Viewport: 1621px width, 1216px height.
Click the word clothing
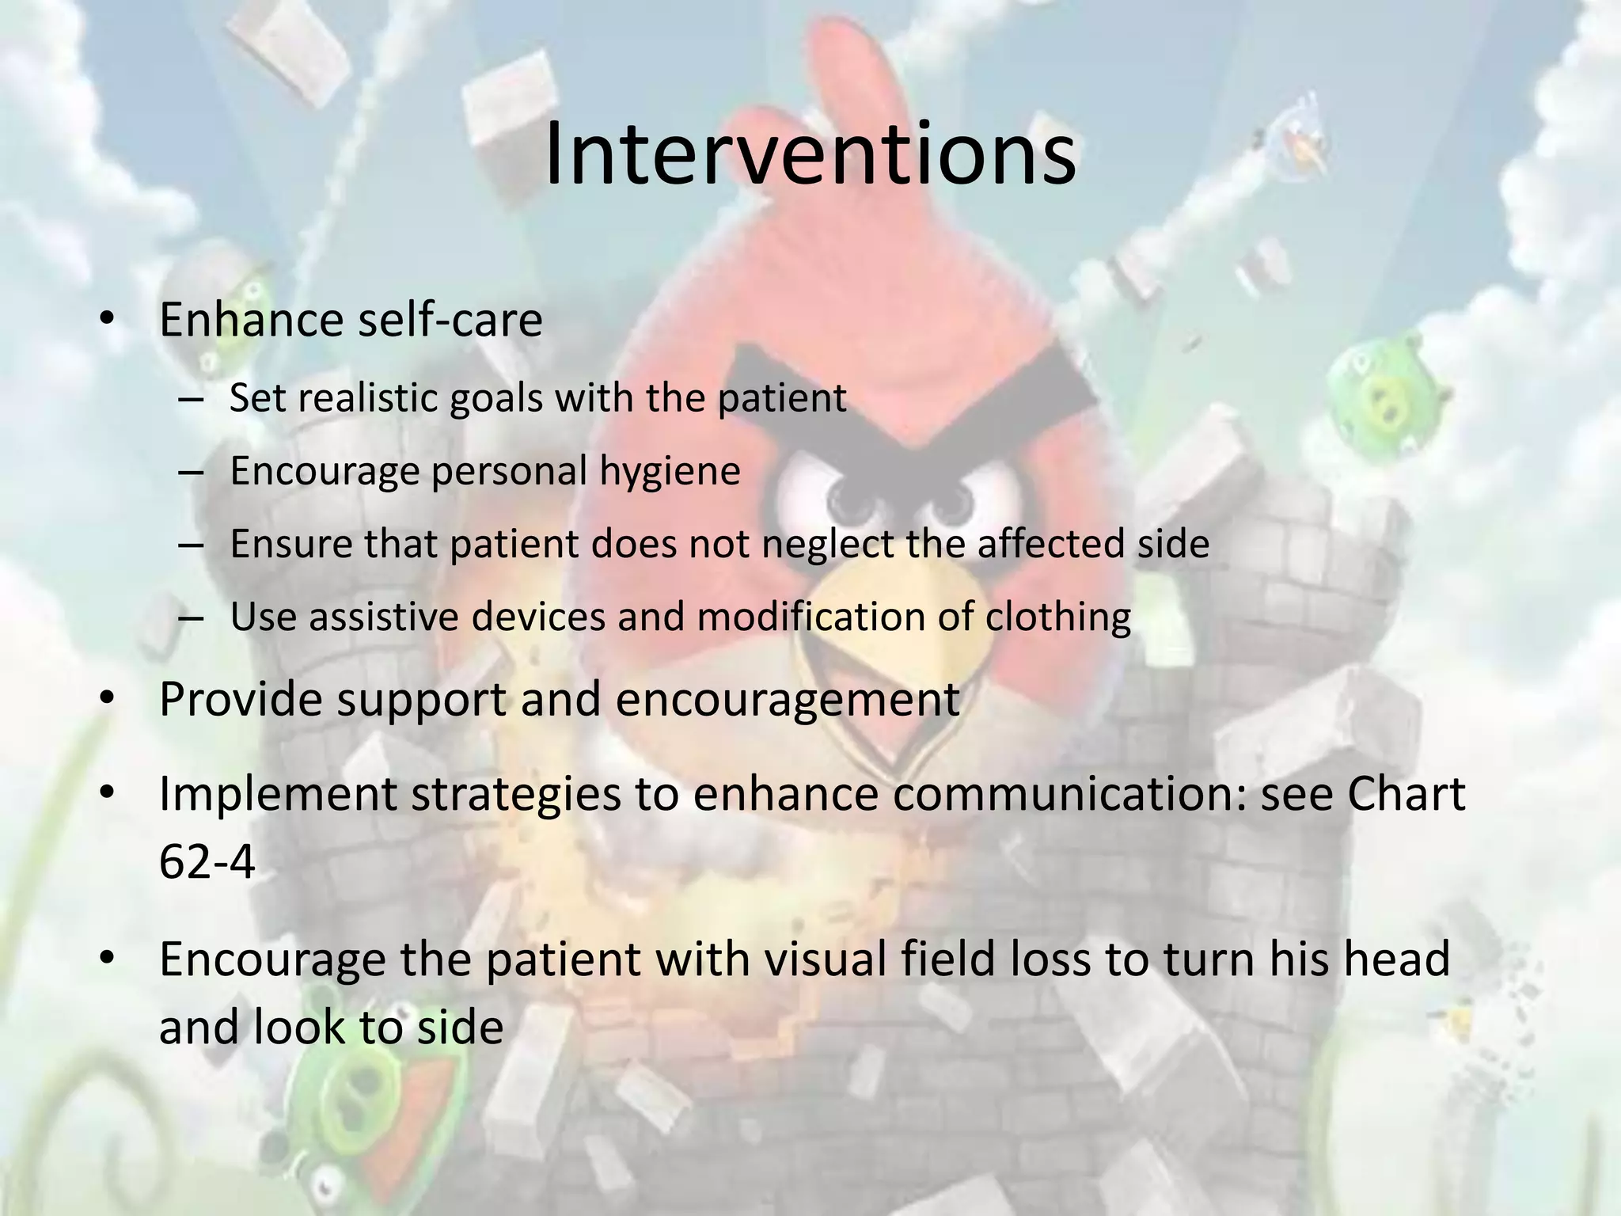click(1058, 617)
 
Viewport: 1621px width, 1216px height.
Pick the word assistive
click(384, 617)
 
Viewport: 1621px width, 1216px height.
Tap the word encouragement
click(788, 699)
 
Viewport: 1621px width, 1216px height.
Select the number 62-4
click(207, 861)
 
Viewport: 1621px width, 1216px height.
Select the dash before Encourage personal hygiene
click(191, 473)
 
